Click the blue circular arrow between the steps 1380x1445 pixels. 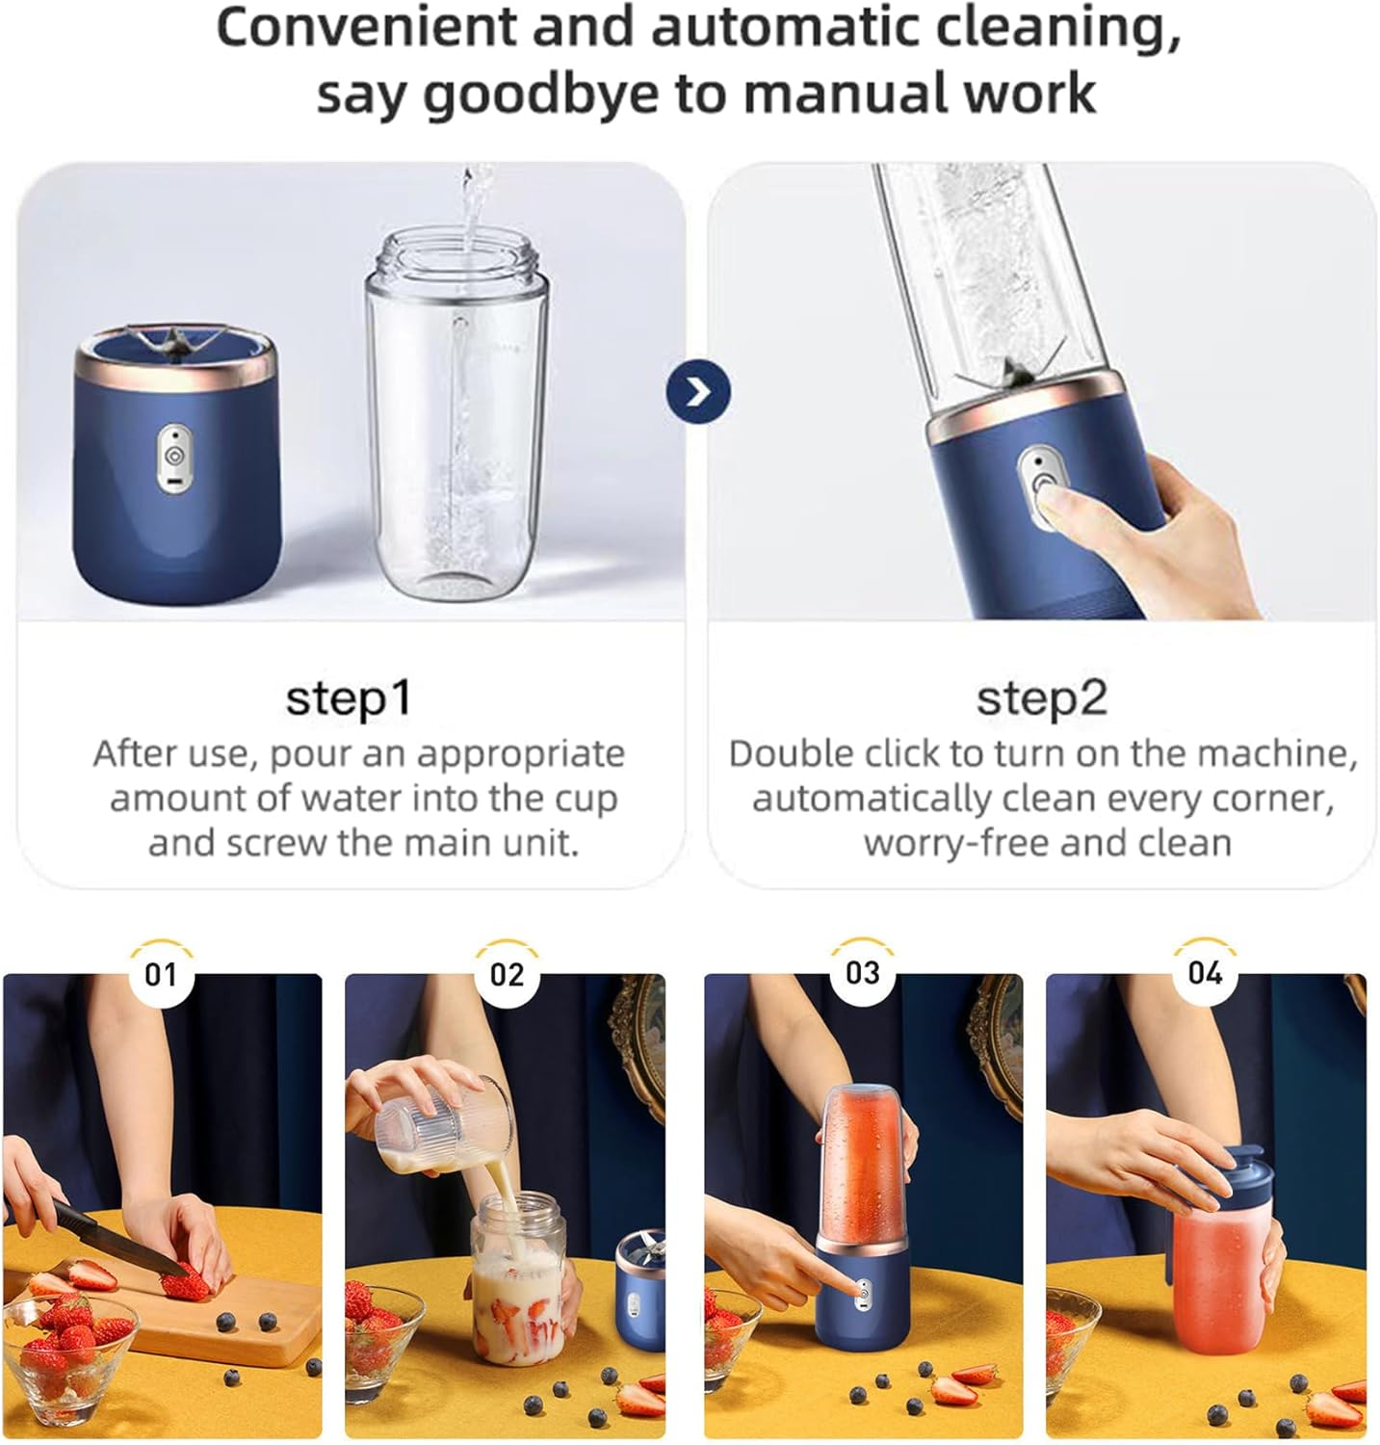point(698,392)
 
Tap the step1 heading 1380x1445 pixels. point(349,698)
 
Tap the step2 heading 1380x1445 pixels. point(1041,698)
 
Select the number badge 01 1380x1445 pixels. point(161,974)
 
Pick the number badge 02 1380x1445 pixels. point(507,974)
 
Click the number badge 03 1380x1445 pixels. point(862,973)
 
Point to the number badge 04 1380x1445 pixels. point(1205,973)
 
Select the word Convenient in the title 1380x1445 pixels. point(367,28)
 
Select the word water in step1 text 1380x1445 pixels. point(352,799)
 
